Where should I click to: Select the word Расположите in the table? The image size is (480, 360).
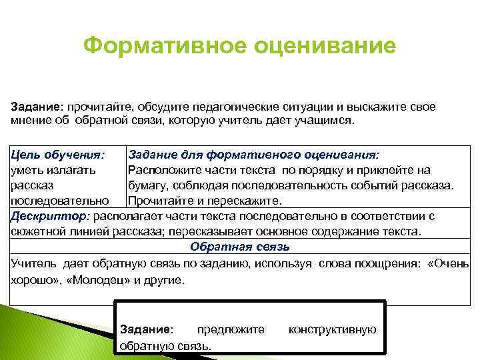(x=161, y=169)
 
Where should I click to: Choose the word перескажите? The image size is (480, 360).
(x=247, y=199)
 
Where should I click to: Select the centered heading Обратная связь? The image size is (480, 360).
(x=240, y=247)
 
